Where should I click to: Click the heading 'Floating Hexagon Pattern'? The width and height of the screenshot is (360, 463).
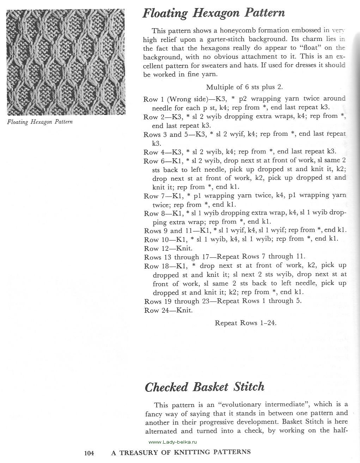point(213,13)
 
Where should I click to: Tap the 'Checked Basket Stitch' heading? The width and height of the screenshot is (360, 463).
point(205,387)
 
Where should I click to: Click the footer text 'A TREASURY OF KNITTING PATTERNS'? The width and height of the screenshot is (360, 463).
point(181,452)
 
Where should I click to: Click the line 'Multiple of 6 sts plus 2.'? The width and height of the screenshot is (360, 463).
point(244,87)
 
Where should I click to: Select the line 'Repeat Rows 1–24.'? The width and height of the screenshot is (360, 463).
point(245,323)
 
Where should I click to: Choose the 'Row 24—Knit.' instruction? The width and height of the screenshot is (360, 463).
point(168,310)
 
